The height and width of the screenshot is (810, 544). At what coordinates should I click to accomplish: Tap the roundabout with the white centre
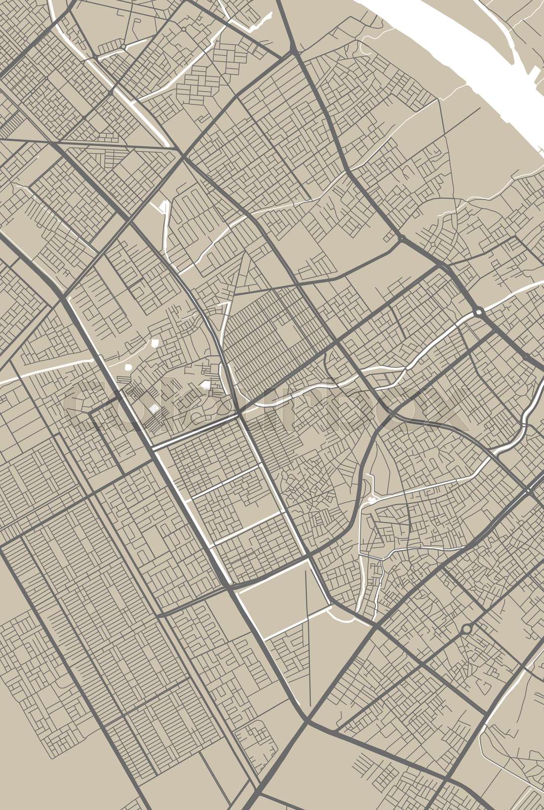(x=478, y=312)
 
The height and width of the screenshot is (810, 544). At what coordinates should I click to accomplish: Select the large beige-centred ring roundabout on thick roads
(x=467, y=629)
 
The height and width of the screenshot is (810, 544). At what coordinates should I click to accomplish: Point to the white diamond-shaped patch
(x=153, y=409)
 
